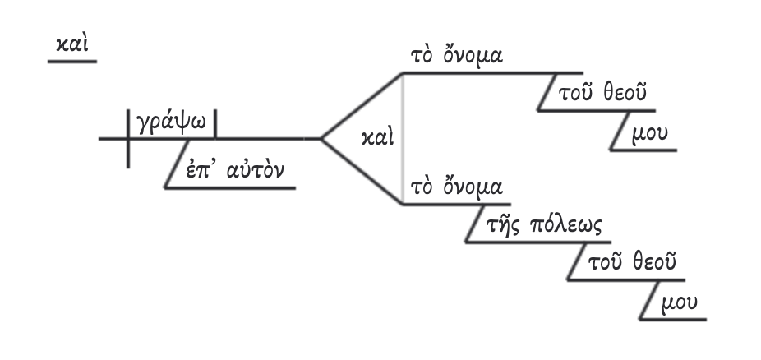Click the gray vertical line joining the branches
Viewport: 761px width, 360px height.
click(402, 138)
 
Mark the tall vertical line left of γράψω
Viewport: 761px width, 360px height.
click(128, 138)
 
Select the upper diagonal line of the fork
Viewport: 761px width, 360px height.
click(360, 105)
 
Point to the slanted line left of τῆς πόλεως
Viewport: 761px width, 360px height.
click(474, 224)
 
